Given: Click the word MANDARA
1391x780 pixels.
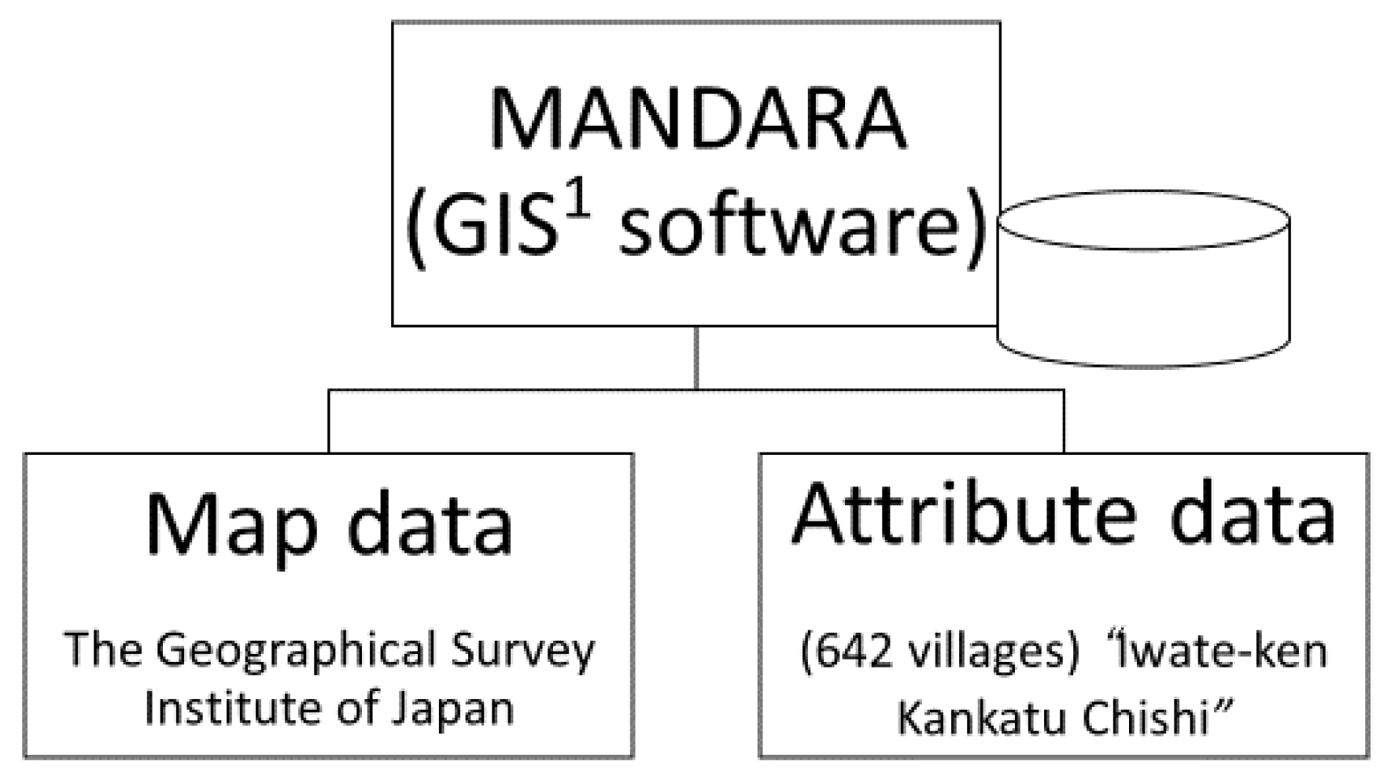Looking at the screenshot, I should pyautogui.click(x=697, y=120).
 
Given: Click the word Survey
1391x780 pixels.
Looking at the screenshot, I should pyautogui.click(x=523, y=651).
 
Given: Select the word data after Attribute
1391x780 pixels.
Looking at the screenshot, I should pyautogui.click(x=1252, y=516).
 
